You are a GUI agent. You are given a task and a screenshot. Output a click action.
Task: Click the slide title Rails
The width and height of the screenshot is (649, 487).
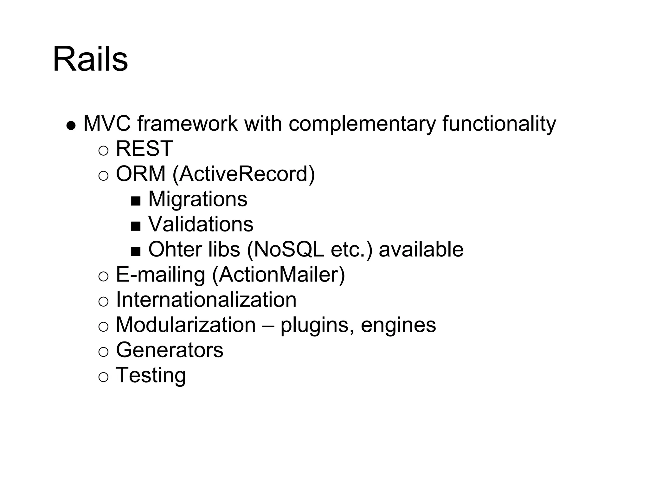90,59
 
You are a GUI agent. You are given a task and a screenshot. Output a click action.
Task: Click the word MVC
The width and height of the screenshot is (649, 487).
107,123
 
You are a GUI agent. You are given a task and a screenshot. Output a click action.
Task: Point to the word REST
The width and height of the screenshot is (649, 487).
144,148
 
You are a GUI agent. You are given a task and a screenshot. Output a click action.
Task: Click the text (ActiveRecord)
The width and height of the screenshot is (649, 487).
244,174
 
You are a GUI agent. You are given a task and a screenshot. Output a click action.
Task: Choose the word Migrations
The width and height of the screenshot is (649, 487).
198,199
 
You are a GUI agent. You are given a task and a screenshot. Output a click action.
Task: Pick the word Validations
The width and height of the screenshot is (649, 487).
201,224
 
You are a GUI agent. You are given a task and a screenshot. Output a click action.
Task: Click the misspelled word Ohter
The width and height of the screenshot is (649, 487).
175,249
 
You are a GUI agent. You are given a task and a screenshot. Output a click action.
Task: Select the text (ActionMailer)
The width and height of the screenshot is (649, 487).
278,275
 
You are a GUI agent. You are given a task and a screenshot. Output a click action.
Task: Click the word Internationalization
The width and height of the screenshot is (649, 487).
206,300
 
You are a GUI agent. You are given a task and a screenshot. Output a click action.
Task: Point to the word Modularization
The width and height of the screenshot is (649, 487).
186,325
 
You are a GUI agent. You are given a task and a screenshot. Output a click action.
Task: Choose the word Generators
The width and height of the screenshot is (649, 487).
170,350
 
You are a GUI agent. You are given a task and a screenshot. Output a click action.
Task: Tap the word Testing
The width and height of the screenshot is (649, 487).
151,375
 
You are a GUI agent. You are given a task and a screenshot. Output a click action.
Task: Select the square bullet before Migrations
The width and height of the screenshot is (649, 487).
136,201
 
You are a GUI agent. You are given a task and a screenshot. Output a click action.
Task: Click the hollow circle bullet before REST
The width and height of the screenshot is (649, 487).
103,150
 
